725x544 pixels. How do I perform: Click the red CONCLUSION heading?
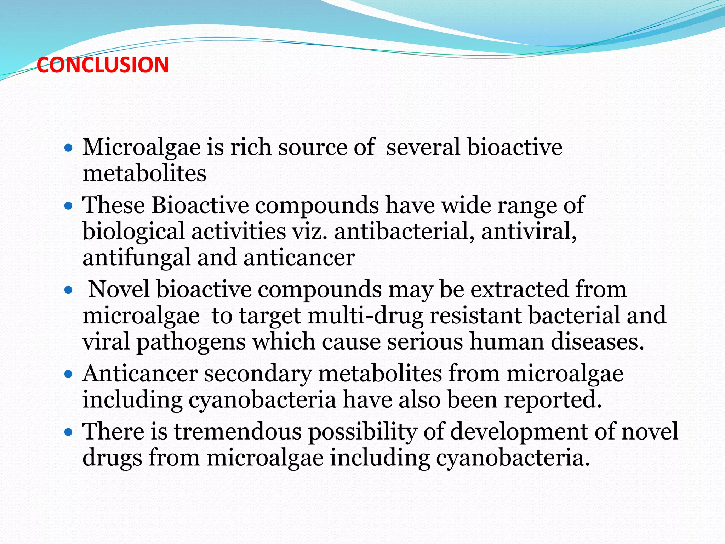pos(103,65)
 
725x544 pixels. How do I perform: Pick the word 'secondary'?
pos(258,374)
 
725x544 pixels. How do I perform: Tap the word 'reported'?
pos(553,400)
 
